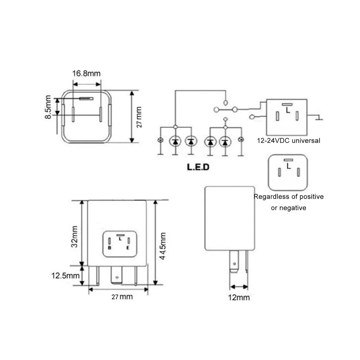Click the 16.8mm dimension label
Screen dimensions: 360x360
click(86, 73)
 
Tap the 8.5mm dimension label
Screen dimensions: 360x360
click(49, 108)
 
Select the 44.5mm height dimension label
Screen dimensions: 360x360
click(163, 246)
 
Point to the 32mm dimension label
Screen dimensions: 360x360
click(75, 239)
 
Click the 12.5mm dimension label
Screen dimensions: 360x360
click(66, 275)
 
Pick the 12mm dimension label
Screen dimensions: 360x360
click(239, 297)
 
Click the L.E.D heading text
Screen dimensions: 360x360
click(198, 167)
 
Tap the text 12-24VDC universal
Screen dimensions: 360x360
click(289, 141)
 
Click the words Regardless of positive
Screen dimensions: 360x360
click(289, 197)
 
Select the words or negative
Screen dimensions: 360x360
click(289, 208)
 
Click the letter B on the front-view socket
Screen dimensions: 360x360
click(110, 248)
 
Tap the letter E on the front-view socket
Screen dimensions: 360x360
click(128, 248)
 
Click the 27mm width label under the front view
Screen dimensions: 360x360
click(122, 297)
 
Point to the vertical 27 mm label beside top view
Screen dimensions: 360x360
click(139, 117)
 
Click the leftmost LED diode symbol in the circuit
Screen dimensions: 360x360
click(175, 141)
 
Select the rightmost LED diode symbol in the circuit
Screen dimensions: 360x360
click(225, 141)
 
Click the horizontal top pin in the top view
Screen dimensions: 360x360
click(86, 99)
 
